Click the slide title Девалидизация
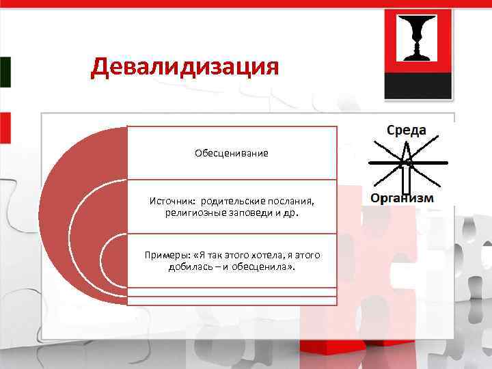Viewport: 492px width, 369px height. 184,67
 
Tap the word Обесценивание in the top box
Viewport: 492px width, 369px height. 231,153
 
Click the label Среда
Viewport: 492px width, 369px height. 407,130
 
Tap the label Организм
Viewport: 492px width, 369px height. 402,198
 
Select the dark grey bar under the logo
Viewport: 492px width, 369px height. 418,86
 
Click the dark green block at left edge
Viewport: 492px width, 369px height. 5,72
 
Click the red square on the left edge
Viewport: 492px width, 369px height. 5,129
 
